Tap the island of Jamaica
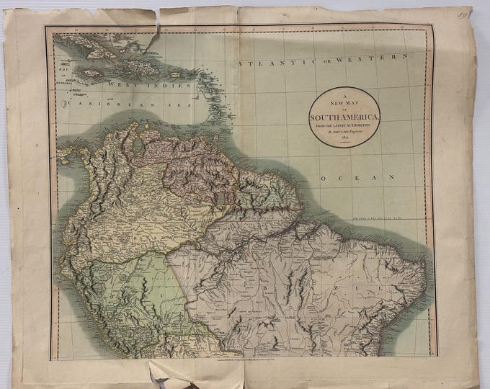pos(94,73)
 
